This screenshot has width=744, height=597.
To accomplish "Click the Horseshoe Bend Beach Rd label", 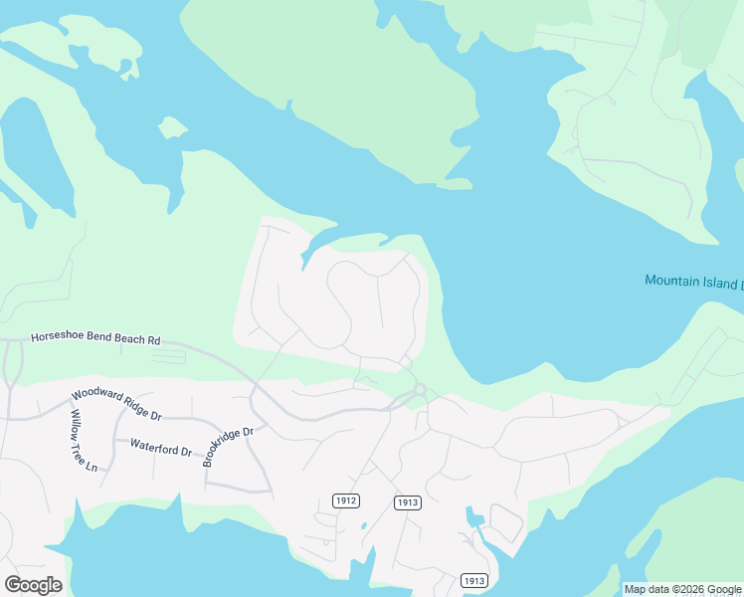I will coord(95,339).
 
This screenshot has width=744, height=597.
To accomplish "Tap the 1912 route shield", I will coord(346,500).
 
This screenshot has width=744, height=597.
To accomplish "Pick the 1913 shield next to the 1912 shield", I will coord(407,502).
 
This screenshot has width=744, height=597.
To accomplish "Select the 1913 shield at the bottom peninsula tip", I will coord(473,580).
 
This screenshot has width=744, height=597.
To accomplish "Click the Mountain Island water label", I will coord(692,282).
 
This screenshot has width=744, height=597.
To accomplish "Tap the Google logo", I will coord(33,584).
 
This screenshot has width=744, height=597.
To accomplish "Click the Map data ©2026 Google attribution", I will coord(682,589).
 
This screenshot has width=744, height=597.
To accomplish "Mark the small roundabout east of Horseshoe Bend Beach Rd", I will coord(421,389).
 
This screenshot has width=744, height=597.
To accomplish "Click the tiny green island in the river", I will coord(172,127).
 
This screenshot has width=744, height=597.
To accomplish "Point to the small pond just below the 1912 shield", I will coord(364,525).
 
